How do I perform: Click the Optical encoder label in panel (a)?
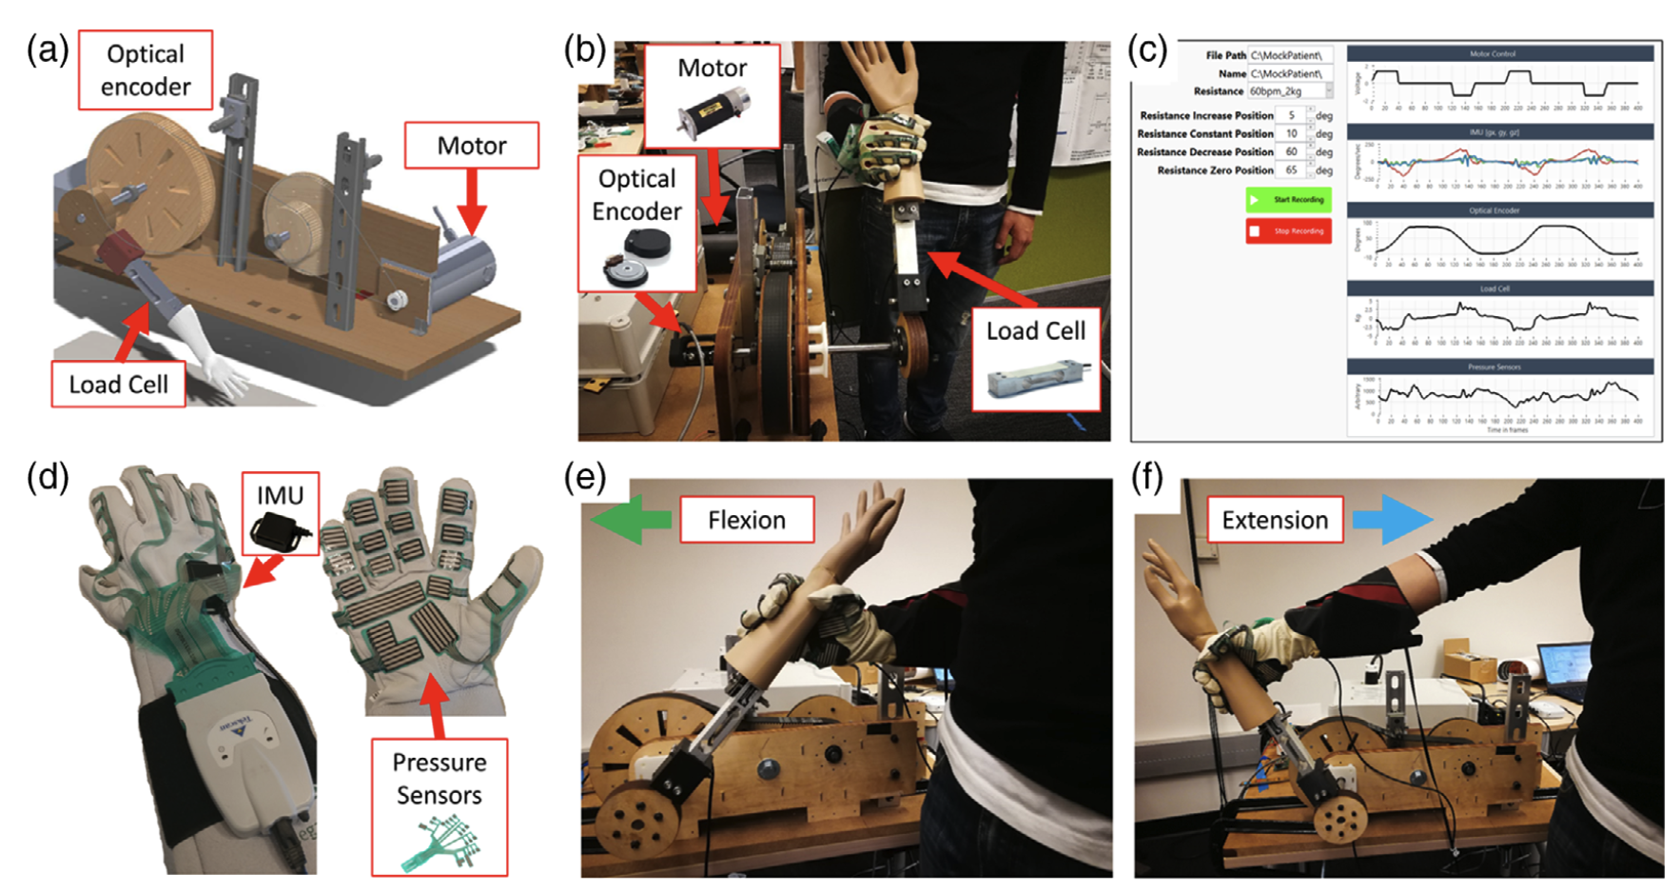[146, 70]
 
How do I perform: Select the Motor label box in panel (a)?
[472, 146]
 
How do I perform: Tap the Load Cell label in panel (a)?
[118, 385]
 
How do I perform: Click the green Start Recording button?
[1288, 200]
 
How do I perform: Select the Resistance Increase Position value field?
[1292, 115]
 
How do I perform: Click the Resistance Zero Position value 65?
[1292, 170]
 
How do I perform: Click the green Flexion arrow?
[631, 521]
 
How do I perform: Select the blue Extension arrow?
[1391, 520]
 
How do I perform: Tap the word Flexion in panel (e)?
[747, 520]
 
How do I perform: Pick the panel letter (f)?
[1147, 476]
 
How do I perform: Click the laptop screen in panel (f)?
[1562, 664]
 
